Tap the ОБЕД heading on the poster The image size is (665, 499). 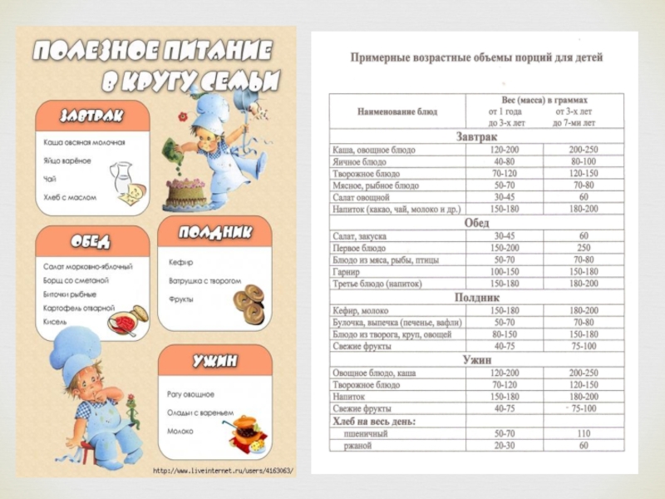tap(91, 241)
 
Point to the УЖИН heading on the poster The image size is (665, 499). tap(214, 360)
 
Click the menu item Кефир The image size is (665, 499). tap(180, 263)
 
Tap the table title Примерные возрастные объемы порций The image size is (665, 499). tap(476, 57)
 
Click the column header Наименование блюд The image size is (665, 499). tap(397, 111)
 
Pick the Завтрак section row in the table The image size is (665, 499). tap(476, 136)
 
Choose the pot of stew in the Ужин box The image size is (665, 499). tap(245, 431)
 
